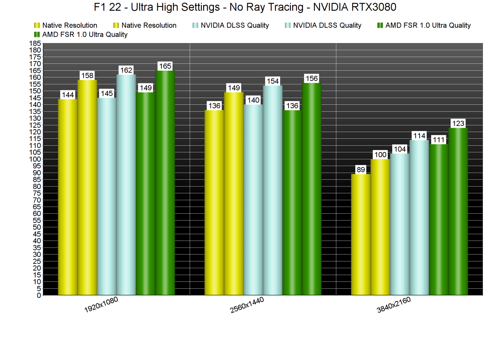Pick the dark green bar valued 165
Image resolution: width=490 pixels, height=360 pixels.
pos(165,182)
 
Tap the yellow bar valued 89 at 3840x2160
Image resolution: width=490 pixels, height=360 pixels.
pos(361,234)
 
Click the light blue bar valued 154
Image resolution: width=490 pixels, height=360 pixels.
pos(273,190)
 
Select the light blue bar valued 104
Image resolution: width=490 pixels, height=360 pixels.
pos(400,224)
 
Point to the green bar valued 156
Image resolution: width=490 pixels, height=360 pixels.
pos(312,189)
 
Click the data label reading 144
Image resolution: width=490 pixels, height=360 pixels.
pos(68,95)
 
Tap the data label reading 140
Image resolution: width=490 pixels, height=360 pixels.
pos(253,100)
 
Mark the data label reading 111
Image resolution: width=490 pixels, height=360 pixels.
pos(439,140)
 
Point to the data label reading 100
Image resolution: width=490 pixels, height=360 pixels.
pos(380,155)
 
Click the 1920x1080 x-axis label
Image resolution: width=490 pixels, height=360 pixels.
pos(101,305)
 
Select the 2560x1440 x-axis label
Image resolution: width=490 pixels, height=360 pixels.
pos(247,305)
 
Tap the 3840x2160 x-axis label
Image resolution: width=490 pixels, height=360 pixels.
pos(394,305)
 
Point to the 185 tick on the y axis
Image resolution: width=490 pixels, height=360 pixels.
pos(35,43)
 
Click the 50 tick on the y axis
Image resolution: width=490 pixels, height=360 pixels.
pos(37,227)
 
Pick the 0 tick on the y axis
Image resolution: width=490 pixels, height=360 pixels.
pos(39,295)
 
